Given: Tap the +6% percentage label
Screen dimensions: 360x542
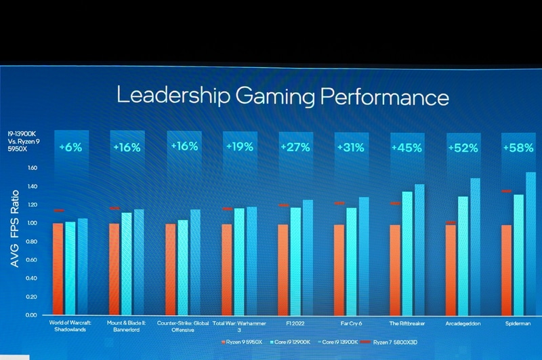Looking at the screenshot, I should click(x=70, y=146).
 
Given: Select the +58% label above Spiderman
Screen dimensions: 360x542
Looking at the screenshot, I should click(x=518, y=147).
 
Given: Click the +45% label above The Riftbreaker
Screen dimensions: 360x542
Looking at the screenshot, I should click(x=406, y=147).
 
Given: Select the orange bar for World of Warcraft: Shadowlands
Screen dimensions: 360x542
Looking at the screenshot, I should click(x=58, y=269).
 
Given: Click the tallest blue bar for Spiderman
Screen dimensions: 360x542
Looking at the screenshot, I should click(x=530, y=244).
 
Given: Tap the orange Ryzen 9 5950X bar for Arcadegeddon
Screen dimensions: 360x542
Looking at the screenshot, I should click(x=451, y=270).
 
